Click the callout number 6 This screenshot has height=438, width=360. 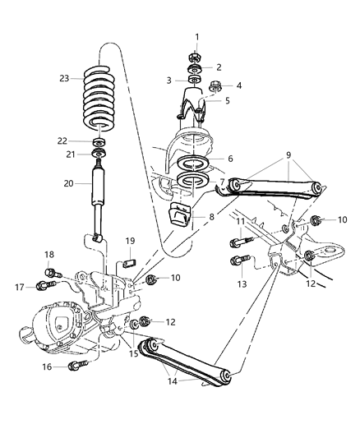pyautogui.click(x=229, y=159)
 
